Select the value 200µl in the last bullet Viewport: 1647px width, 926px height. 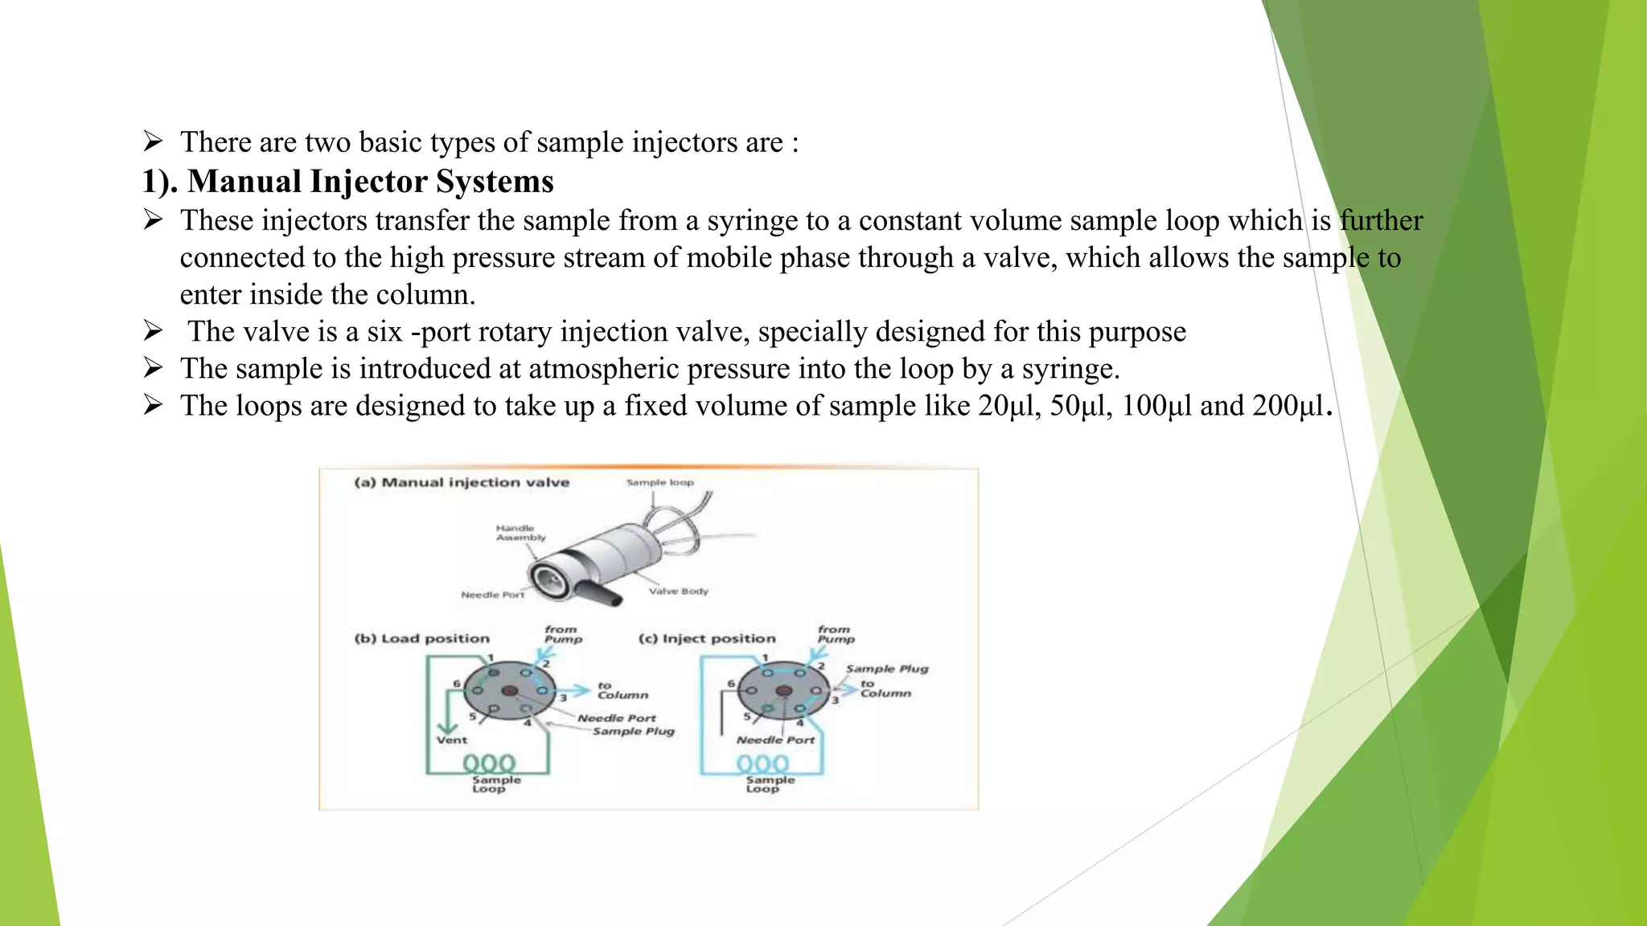pos(1288,406)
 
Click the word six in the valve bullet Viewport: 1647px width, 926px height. pos(384,332)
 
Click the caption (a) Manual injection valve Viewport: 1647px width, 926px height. pos(462,482)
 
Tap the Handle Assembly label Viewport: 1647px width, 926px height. pos(520,533)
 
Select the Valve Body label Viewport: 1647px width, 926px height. pos(678,591)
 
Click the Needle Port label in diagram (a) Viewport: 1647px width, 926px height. pos(492,595)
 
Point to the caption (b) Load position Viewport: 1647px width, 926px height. pos(421,638)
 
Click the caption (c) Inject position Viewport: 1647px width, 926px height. pos(707,638)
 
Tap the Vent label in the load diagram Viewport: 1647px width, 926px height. pos(451,740)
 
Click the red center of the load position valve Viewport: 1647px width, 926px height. pos(509,690)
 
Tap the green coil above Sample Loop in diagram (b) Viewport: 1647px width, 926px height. pos(489,763)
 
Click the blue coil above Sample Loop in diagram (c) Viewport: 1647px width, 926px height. pos(762,763)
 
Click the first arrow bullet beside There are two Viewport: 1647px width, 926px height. pos(153,142)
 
